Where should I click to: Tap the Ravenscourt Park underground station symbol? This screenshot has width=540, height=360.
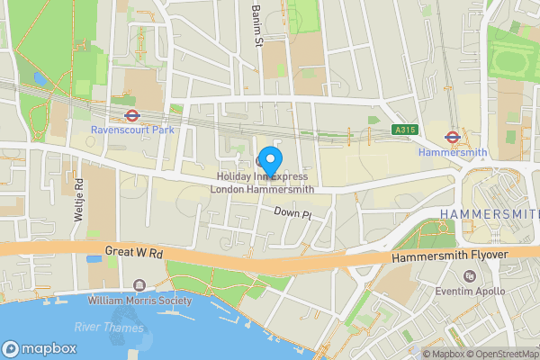(x=131, y=115)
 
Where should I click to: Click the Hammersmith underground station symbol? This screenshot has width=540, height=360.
(x=453, y=137)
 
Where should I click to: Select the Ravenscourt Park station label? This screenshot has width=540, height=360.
(x=131, y=130)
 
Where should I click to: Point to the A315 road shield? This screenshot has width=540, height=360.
(x=405, y=130)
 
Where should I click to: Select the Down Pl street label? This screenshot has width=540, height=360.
(x=292, y=214)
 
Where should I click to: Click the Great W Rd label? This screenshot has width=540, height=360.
(x=133, y=255)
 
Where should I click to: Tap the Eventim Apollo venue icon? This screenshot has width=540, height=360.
(x=467, y=275)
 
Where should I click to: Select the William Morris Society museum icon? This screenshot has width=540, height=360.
(x=139, y=285)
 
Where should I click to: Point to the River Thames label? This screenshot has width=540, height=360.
(x=108, y=328)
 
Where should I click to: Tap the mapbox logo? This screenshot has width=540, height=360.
(x=40, y=348)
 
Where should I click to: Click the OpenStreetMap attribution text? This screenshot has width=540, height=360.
(x=499, y=354)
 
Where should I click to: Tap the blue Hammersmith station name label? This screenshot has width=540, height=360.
(x=454, y=153)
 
